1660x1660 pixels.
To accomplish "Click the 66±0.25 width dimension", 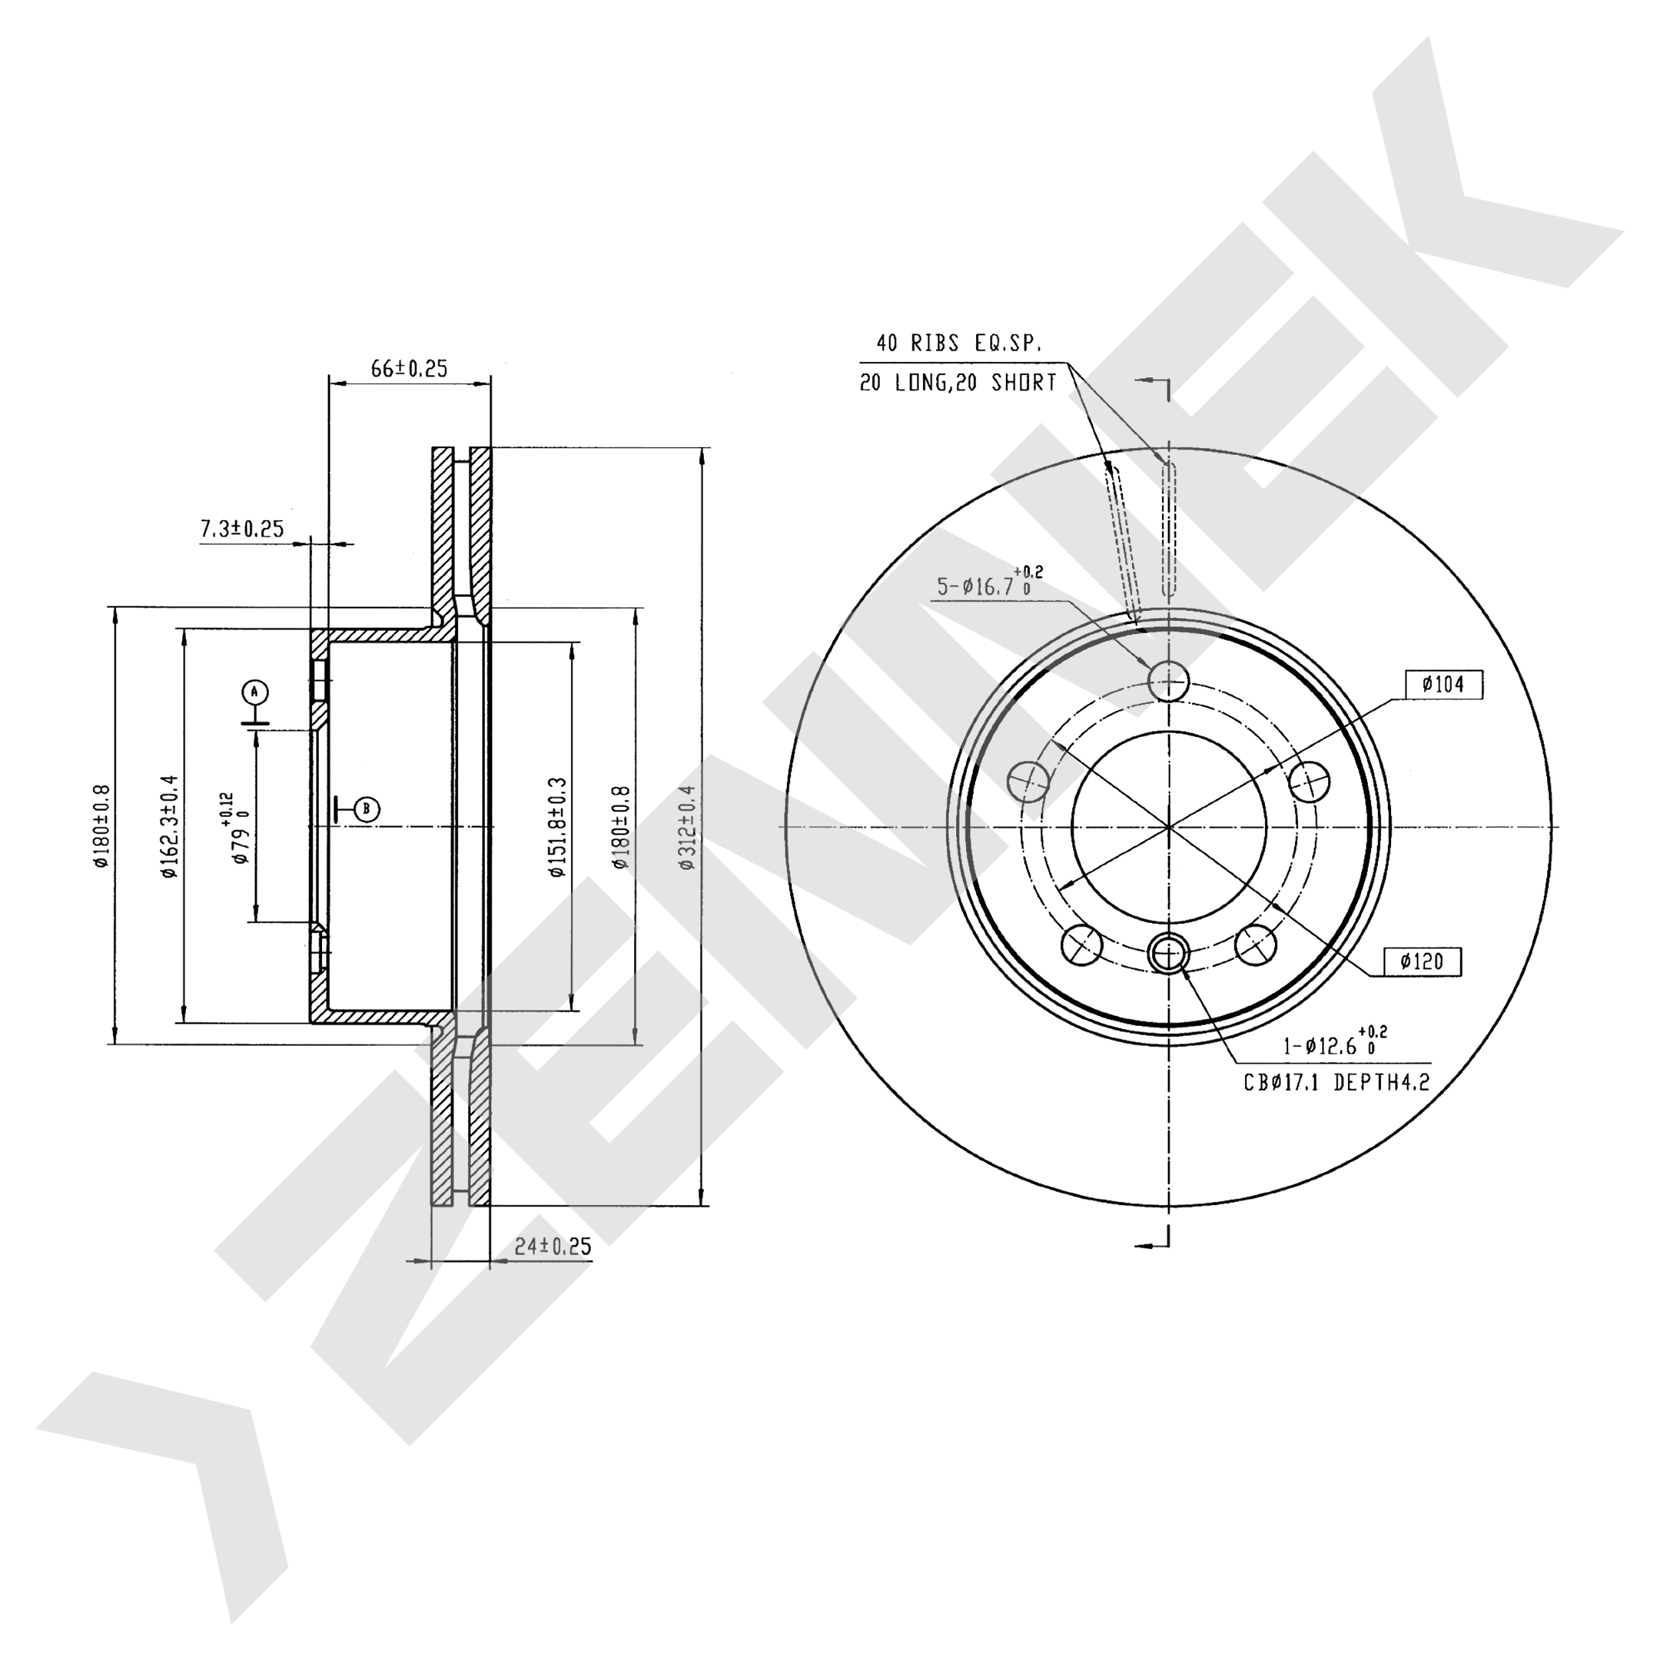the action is (409, 369).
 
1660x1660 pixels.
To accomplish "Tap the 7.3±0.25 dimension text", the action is (242, 529).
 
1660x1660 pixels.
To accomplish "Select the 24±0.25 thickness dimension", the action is (552, 1246).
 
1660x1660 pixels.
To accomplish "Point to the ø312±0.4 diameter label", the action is (687, 827).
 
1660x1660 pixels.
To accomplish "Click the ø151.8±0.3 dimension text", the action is (558, 827).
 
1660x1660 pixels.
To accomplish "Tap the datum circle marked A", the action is (255, 692).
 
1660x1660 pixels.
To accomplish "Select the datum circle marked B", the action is (367, 809).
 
